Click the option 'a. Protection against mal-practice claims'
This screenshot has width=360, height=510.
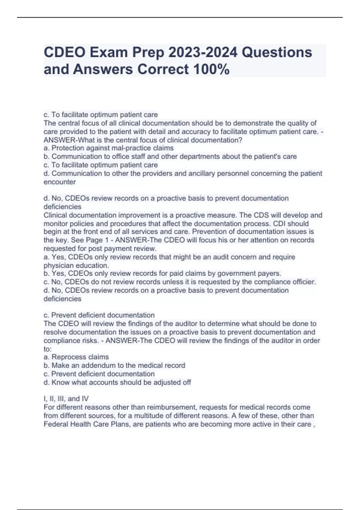(x=109, y=148)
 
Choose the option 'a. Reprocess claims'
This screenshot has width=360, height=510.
(x=76, y=357)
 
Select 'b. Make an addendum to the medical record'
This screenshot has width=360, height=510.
(x=114, y=365)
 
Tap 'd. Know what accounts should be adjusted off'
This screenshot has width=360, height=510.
(x=117, y=382)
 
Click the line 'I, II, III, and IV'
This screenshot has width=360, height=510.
(x=66, y=399)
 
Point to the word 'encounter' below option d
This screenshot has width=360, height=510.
(x=60, y=182)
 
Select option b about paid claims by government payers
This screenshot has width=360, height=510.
(x=163, y=273)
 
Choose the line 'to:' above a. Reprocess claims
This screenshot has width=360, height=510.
(x=47, y=349)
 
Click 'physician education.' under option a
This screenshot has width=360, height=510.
(x=76, y=265)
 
